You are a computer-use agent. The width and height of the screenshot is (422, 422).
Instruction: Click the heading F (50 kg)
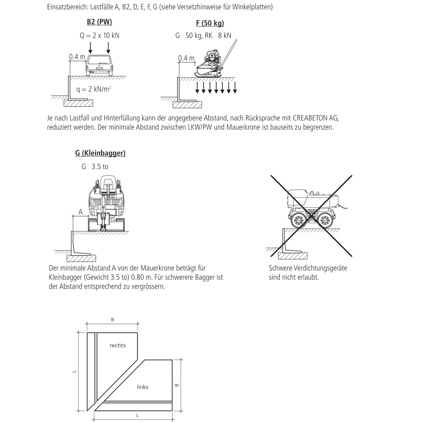pyautogui.click(x=210, y=23)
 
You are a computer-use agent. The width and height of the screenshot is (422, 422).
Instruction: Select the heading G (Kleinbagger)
pyautogui.click(x=100, y=153)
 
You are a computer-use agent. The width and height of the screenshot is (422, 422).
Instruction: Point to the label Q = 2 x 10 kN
pyautogui.click(x=99, y=35)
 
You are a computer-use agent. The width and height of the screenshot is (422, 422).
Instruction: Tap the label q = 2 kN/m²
pyautogui.click(x=94, y=89)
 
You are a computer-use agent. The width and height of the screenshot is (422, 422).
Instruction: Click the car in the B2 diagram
pyautogui.click(x=100, y=65)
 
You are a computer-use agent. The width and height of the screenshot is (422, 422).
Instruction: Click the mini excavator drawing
pyautogui.click(x=107, y=204)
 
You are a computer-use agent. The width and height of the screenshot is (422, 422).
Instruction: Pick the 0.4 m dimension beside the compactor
pyautogui.click(x=186, y=58)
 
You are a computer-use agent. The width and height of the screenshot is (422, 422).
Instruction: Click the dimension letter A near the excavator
pyautogui.click(x=80, y=212)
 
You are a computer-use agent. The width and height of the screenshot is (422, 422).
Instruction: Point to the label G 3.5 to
pyautogui.click(x=95, y=167)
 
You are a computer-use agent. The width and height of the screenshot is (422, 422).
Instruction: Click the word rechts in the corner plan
pyautogui.click(x=117, y=345)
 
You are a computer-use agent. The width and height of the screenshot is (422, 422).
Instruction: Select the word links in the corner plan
pyautogui.click(x=143, y=387)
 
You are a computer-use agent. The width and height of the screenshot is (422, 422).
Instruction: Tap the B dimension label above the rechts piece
pyautogui.click(x=112, y=320)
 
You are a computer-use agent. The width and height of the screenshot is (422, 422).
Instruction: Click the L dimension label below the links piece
pyautogui.click(x=138, y=416)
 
